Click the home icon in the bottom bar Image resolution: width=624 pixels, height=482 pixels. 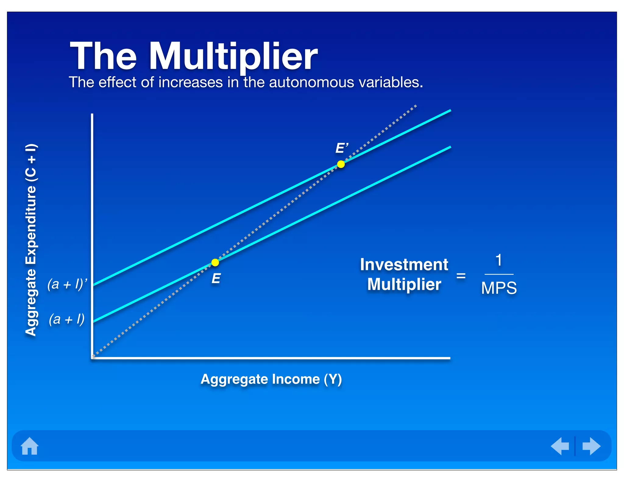(30, 446)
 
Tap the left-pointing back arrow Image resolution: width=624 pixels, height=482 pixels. (560, 446)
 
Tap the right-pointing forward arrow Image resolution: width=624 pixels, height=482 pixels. (591, 446)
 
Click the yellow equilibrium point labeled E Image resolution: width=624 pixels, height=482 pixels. (215, 262)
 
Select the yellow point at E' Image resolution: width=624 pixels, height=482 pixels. (341, 165)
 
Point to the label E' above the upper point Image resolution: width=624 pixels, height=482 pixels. (342, 148)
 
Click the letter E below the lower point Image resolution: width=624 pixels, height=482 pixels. (216, 278)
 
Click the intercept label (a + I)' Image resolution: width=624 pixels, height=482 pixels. (67, 284)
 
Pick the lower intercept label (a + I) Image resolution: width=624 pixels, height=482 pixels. (67, 319)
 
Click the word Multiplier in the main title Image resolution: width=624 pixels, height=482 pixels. (233, 56)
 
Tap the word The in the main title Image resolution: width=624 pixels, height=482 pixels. (103, 56)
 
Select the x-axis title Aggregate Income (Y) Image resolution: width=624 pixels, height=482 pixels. (271, 379)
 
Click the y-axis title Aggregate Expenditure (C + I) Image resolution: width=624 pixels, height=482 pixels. (31, 240)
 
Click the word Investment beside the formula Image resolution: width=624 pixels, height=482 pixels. (404, 264)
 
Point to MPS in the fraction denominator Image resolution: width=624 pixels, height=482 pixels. (499, 288)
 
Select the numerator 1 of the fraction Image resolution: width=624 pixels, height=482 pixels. (499, 260)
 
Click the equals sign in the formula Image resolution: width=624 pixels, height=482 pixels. (461, 276)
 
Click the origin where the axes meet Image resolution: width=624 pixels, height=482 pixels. (93, 357)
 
